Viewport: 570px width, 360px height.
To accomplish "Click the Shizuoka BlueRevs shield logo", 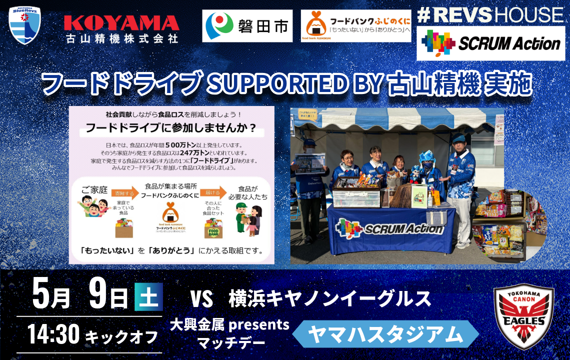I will (x=24, y=25).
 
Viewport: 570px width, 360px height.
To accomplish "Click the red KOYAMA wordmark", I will (x=121, y=23).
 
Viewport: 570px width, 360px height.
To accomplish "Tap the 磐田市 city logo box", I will (x=247, y=25).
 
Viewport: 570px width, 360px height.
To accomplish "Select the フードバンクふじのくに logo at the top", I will (x=355, y=25).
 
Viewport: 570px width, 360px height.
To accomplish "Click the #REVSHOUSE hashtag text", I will (x=490, y=14).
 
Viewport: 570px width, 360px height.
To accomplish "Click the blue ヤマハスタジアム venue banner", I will (x=385, y=334).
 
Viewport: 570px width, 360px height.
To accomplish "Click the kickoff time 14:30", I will (x=53, y=334).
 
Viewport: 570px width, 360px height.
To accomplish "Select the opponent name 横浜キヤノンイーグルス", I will (x=329, y=298).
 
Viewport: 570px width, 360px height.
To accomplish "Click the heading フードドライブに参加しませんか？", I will (x=171, y=128).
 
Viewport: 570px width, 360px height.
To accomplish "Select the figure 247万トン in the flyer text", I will (x=194, y=153).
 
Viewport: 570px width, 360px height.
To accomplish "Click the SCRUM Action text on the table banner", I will (x=404, y=229).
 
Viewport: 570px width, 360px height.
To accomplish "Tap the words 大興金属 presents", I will (x=229, y=325).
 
